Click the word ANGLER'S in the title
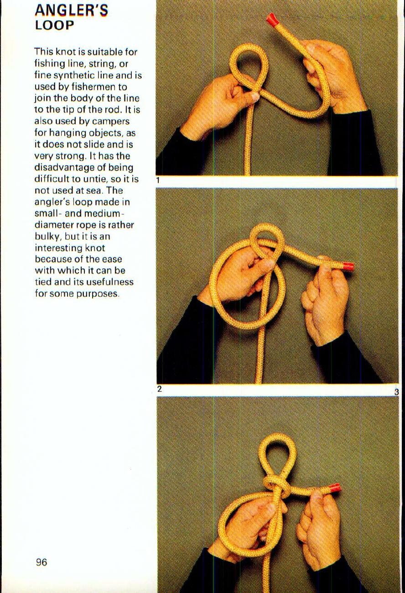71,10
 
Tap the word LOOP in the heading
54,25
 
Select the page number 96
42,562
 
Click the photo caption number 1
158,180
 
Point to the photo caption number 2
159,389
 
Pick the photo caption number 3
396,392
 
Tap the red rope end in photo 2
348,266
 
